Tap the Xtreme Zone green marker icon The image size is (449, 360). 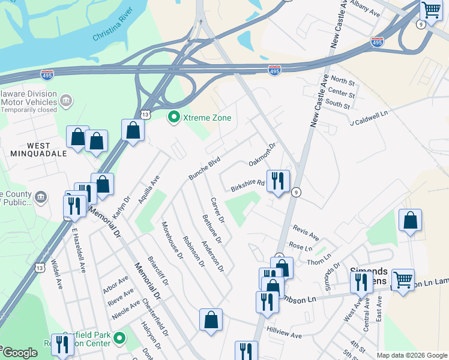tap(174, 117)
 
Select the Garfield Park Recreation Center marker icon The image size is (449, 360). tap(119, 338)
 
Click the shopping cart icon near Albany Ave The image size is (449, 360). tap(431, 11)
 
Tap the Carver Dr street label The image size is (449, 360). tap(217, 211)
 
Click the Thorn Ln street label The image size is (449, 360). tap(319, 257)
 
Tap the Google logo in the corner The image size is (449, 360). tap(19, 353)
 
